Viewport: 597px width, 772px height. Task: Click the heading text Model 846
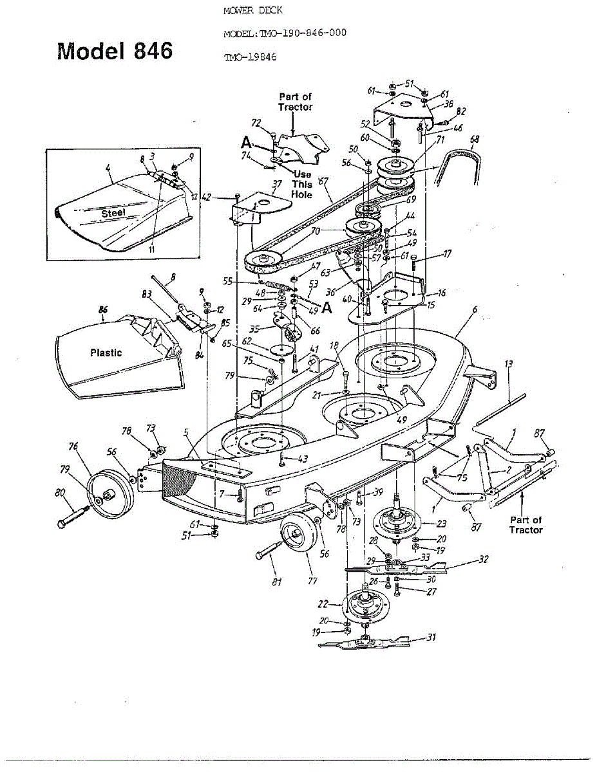pos(115,51)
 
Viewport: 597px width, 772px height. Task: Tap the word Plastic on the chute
pos(106,353)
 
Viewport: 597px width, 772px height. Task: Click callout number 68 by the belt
pos(475,138)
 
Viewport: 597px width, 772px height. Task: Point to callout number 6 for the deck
pos(475,310)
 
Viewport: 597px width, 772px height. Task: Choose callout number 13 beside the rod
pos(509,365)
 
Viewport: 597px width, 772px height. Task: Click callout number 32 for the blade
pos(484,559)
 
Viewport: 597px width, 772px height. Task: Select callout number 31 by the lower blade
pos(431,637)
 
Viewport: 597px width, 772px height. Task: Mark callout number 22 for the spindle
pos(324,604)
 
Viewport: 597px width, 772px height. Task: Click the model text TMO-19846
pos(250,57)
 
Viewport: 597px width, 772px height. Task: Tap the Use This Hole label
pos(303,184)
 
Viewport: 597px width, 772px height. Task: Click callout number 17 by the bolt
pos(447,255)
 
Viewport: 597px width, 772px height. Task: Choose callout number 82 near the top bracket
pos(460,111)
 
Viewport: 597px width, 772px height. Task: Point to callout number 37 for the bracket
pos(277,185)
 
